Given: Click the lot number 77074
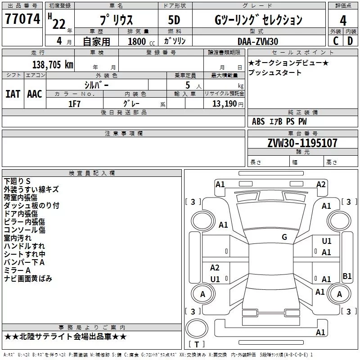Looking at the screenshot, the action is point(22,18).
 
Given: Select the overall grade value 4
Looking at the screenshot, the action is point(343,21).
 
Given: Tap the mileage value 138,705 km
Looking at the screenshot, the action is point(53,64).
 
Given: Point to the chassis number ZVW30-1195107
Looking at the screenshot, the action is point(302,143).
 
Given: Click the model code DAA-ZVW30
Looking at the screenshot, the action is point(258,41).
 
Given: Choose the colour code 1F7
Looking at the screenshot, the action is point(74,104).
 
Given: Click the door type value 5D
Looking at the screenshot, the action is point(174,20).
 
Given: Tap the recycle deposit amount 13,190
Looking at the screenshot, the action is point(225,104).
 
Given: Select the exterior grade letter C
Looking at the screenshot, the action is point(336,41).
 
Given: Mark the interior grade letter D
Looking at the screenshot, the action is point(350,41).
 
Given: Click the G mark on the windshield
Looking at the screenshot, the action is point(284,237).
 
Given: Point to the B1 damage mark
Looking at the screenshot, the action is point(347,276).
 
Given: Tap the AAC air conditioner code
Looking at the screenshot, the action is point(35,94).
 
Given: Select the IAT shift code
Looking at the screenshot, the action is point(13,94).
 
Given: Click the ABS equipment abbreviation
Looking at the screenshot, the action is point(258,121).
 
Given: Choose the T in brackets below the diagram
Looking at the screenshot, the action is point(197,344).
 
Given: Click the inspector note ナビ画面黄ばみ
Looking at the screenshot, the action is point(28,279).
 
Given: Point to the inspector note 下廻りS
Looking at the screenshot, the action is point(17,181).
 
